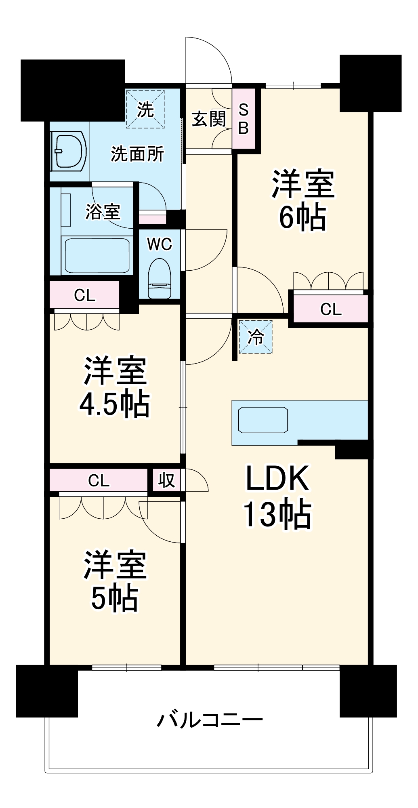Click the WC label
coord(159,244)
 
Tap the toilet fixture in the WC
coord(160,279)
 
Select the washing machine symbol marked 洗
coord(145,109)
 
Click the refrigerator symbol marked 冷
coord(256,337)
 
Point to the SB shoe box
coord(244,118)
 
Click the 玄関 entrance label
coord(208,119)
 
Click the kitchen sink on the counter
coord(263,420)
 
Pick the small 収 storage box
coord(166,480)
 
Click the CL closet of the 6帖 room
coord(331,309)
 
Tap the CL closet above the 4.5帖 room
coord(85,295)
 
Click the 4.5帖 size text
coord(115,404)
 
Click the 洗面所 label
coord(137,154)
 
